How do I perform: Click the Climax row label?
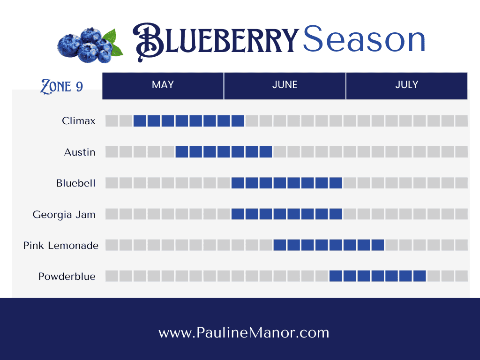(x=79, y=121)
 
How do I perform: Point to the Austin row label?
(x=80, y=152)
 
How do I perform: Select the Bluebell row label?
(x=76, y=183)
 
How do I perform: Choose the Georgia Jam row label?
(x=64, y=214)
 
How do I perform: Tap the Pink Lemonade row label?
(x=61, y=246)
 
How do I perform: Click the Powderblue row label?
(x=67, y=277)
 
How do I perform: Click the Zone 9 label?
(x=61, y=86)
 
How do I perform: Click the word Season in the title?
(x=364, y=39)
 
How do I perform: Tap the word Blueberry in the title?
(x=216, y=41)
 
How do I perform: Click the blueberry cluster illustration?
(x=90, y=45)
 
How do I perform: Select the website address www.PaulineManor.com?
(x=244, y=332)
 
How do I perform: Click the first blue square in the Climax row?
(x=140, y=121)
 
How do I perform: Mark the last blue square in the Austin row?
(x=266, y=152)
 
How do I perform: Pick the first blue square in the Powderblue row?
(x=336, y=276)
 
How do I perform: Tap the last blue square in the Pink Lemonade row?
(x=378, y=245)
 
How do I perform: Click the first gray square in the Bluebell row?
(x=112, y=183)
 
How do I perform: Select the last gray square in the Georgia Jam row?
(x=461, y=214)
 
